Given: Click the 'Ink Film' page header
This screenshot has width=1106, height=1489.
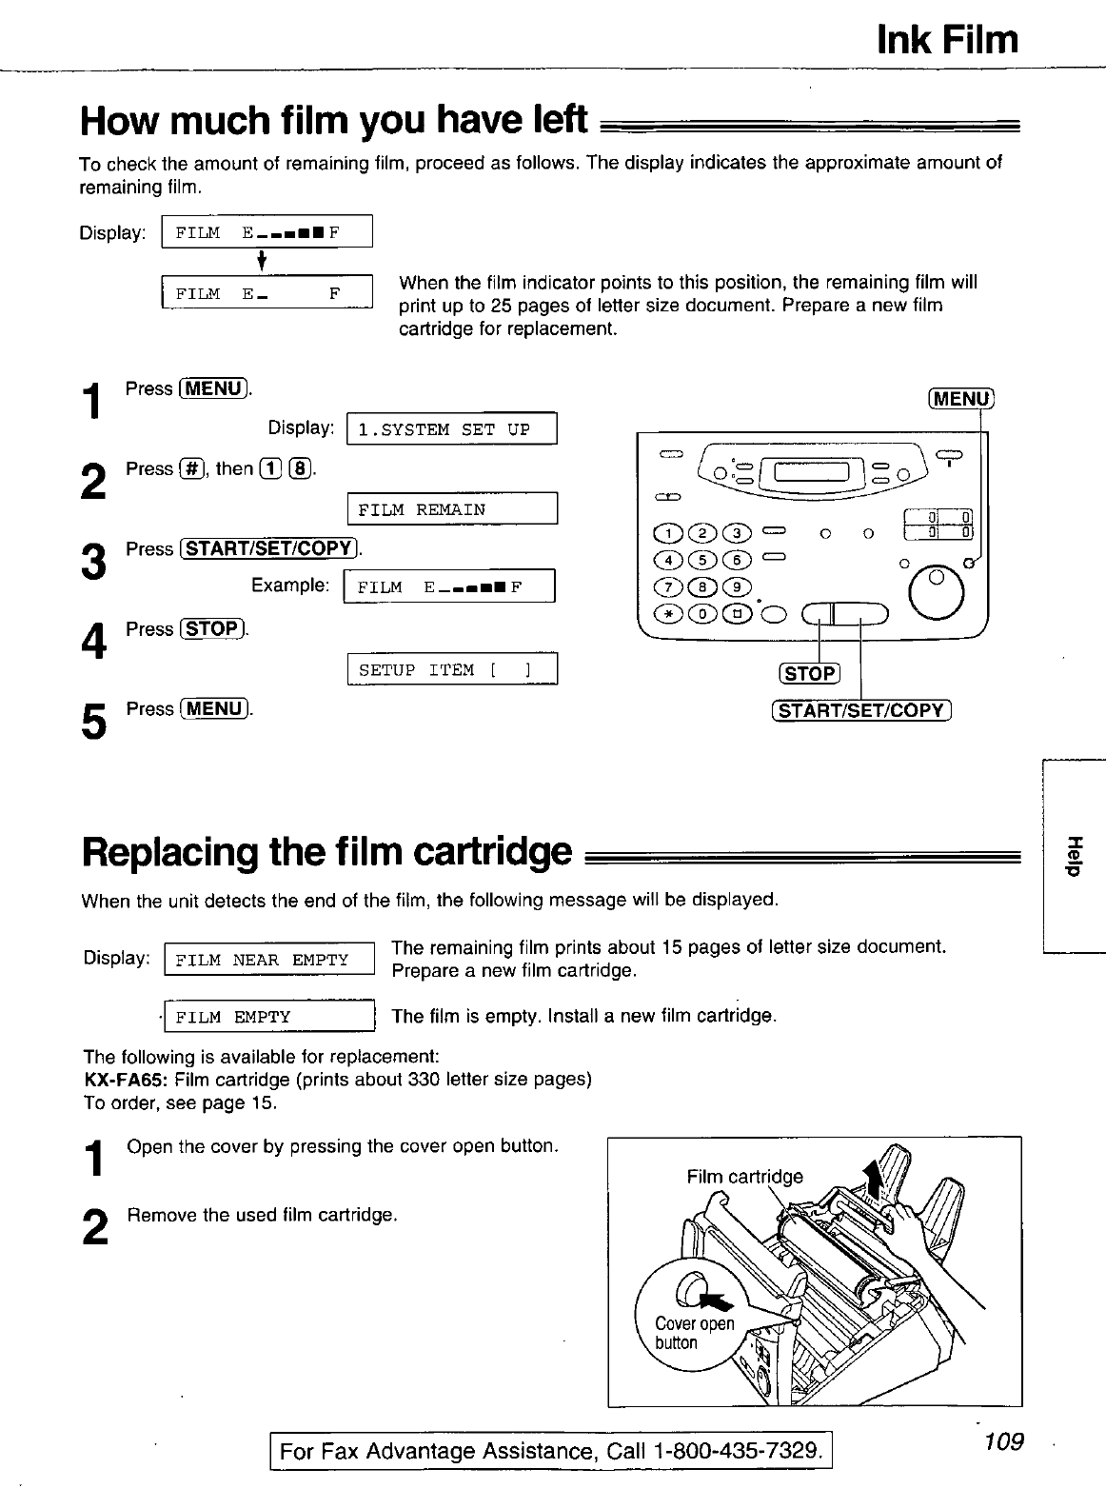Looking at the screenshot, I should coord(946,40).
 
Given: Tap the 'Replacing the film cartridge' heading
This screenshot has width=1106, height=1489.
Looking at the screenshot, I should coord(327,850).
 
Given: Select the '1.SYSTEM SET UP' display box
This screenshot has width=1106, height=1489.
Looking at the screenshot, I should coord(452,429).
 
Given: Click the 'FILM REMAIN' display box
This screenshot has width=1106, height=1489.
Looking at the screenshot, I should coord(452,509).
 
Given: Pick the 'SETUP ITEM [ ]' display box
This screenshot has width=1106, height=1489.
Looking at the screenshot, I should coord(452,670).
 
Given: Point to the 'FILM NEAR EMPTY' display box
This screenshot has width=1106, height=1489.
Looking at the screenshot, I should coord(270,960).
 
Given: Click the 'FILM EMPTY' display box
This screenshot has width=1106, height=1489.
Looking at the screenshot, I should coord(270,1017).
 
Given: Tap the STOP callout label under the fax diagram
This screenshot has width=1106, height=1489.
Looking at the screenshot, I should coord(809,674).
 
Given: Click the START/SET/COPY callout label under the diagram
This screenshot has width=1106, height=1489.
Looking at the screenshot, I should coord(861,710).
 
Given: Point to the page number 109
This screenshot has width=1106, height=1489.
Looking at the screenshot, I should coord(1003,1441).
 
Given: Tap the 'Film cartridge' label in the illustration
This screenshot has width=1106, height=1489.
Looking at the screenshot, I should coord(744,1177).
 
